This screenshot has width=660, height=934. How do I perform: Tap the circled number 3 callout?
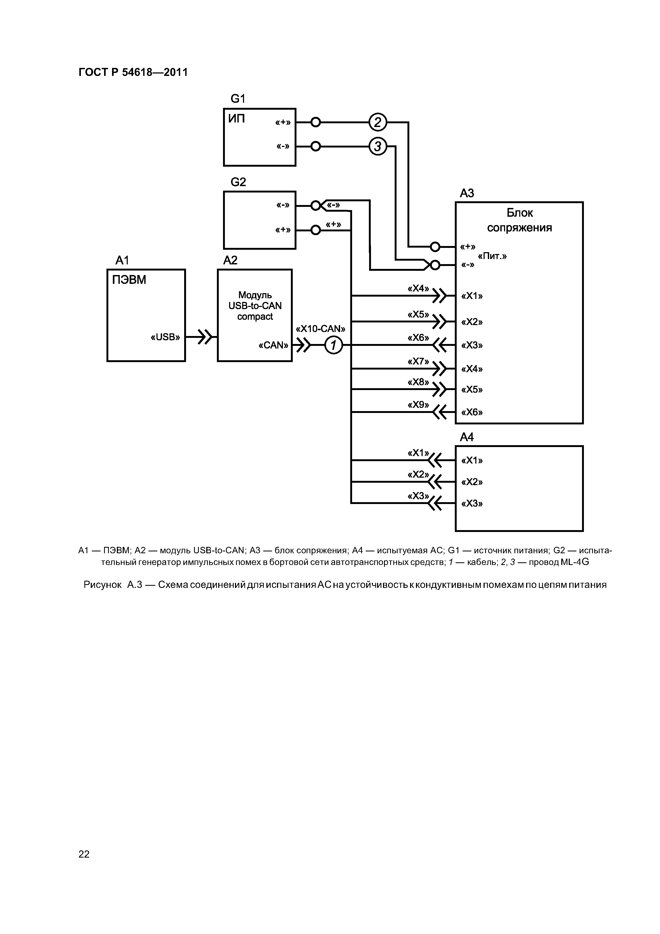[377, 146]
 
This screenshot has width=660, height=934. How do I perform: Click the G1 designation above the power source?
[238, 99]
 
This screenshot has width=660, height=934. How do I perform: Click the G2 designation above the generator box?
[238, 182]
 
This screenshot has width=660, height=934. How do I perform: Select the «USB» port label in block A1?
[165, 337]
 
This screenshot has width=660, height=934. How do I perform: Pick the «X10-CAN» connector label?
[320, 329]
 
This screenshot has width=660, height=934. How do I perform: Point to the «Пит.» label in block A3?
[492, 256]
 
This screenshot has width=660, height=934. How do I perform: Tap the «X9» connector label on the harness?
[418, 405]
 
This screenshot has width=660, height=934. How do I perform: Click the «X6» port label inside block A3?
[472, 412]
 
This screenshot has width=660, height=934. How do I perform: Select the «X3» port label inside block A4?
[472, 504]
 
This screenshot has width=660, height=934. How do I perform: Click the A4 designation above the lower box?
[467, 437]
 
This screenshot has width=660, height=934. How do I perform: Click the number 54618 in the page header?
[137, 72]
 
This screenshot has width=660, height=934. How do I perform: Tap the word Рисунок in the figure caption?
[102, 585]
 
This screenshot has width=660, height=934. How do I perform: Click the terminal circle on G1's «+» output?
[316, 122]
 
